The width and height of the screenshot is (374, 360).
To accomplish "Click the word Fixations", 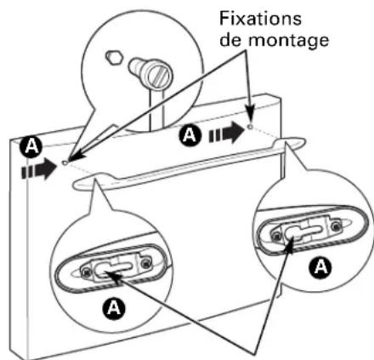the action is [x=260, y=19].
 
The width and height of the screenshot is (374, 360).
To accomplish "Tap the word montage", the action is [x=289, y=40].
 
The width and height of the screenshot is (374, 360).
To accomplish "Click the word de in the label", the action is [x=232, y=40].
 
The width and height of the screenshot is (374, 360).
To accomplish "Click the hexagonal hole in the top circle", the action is [x=114, y=57].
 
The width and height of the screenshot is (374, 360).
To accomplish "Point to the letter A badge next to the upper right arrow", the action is [x=190, y=135].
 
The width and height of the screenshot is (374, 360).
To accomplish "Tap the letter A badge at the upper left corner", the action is [x=31, y=147].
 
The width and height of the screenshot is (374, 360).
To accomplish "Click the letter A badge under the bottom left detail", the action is [x=113, y=308].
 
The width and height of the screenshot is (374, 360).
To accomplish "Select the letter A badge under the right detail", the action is [x=320, y=267].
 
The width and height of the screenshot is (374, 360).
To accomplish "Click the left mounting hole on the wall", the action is [x=65, y=163].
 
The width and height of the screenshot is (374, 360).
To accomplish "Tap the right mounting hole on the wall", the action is [x=250, y=127].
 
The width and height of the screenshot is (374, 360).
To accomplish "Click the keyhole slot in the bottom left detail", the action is [x=113, y=269].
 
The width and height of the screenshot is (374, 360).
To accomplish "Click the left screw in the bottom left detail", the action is [x=85, y=272].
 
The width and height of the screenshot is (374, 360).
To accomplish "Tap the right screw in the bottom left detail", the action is [x=146, y=264].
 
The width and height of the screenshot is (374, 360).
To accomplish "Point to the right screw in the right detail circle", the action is [x=336, y=226].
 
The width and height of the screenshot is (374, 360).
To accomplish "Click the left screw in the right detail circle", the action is [x=275, y=235].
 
